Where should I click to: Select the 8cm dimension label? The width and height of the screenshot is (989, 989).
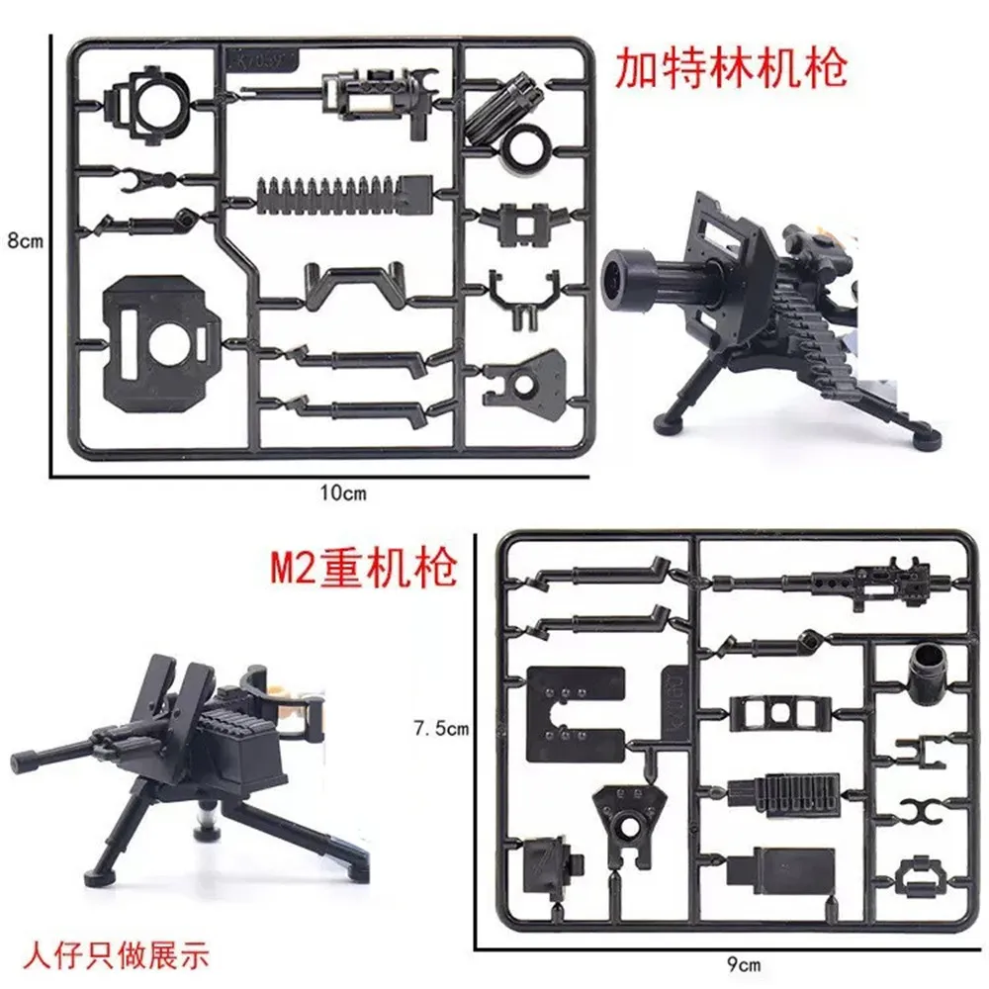tap(22, 240)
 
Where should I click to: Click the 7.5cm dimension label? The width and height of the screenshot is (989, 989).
tap(438, 729)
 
